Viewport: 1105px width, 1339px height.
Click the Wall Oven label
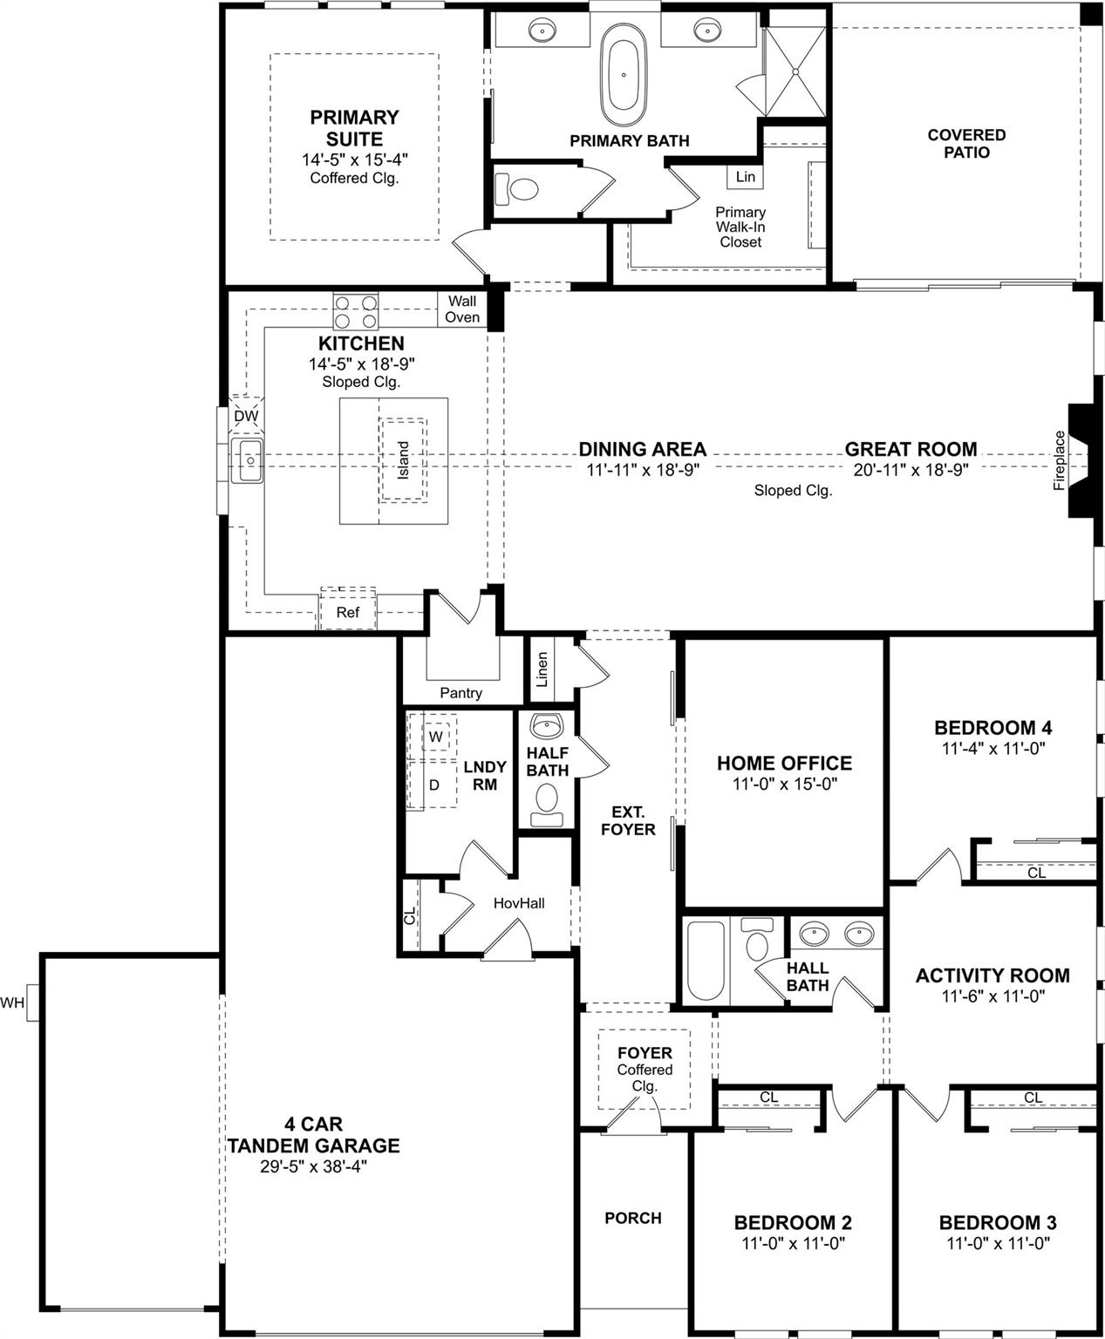point(461,309)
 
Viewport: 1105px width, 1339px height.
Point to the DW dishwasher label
point(246,417)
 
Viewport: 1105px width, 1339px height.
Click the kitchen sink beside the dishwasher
point(249,459)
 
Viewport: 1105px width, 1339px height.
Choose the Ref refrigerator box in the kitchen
point(347,612)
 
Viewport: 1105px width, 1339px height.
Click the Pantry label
point(460,693)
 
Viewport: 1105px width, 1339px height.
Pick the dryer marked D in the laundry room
point(434,785)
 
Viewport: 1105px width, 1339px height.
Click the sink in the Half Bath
point(547,726)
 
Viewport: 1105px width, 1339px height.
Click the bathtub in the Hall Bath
point(705,962)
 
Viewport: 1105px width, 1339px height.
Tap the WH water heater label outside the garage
point(12,1003)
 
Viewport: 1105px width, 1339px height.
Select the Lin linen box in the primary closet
point(745,176)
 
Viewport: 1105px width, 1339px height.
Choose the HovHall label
point(519,903)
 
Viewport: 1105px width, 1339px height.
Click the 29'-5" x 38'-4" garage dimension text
point(313,1166)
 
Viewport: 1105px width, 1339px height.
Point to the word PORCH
point(632,1218)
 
